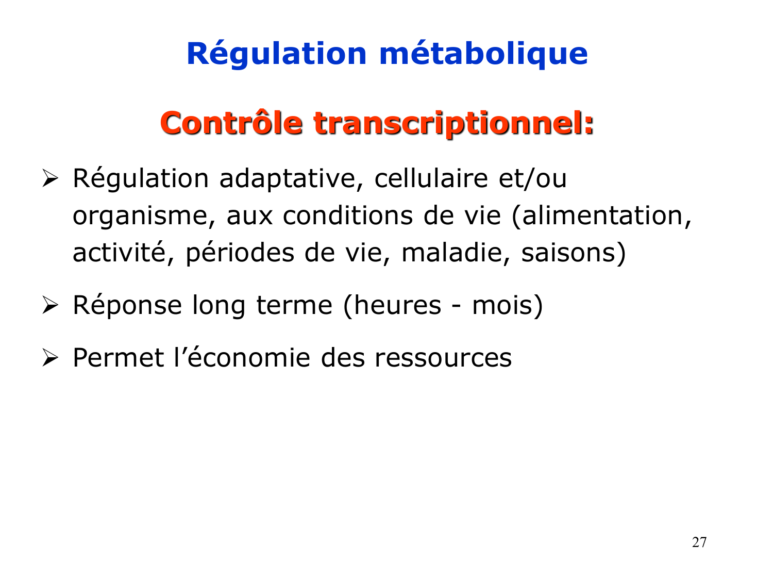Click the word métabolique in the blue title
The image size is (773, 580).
point(483,54)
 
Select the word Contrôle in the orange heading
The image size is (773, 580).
point(231,123)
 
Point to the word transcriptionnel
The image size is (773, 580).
point(453,123)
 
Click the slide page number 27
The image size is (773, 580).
point(699,542)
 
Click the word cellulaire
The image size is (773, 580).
point(431,179)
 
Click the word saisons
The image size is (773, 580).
point(569,253)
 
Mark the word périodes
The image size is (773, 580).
point(240,253)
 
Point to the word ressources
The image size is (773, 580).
point(443,358)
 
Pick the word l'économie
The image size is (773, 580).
point(242,358)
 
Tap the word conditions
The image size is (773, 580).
point(348,216)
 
